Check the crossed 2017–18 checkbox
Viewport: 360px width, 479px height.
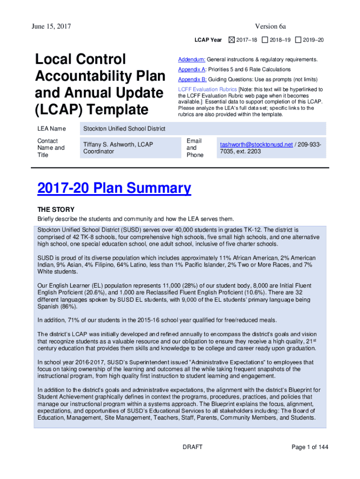232,40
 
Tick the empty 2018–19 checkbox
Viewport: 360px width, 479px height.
265,40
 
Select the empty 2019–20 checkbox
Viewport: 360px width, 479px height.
299,40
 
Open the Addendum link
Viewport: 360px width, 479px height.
191,60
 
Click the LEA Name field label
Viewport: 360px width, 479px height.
51,129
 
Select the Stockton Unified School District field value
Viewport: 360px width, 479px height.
124,129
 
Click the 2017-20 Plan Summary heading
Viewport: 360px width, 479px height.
114,189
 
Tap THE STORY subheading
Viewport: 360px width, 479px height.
56,210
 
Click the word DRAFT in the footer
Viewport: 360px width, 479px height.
192,447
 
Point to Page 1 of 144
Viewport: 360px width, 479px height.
310,447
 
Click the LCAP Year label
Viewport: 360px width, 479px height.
208,40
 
